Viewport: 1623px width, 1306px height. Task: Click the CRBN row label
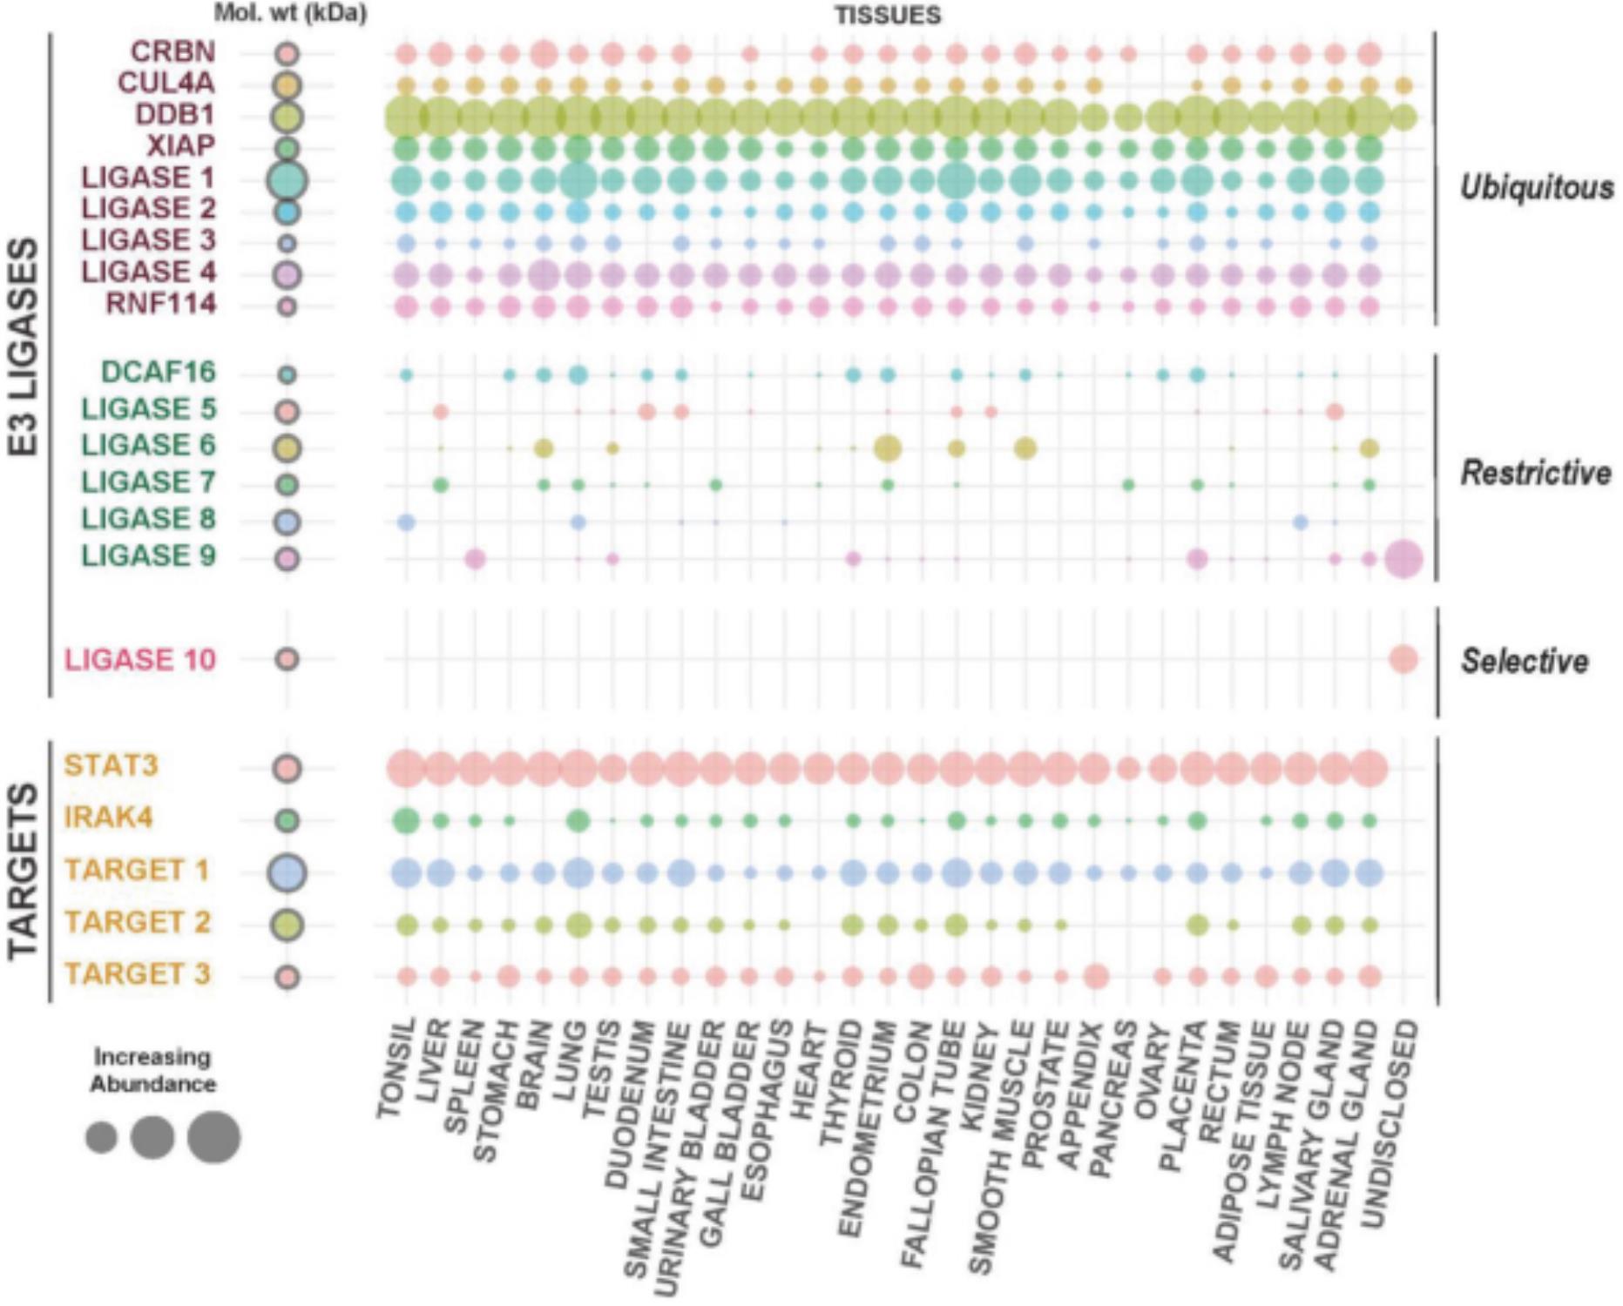click(172, 51)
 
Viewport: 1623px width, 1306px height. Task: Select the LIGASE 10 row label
click(140, 659)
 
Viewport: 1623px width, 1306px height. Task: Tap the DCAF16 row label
click(159, 373)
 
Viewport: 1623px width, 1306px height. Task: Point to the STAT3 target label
click(111, 765)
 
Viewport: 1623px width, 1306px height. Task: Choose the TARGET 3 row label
click(137, 974)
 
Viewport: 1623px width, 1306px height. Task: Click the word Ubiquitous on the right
click(1537, 187)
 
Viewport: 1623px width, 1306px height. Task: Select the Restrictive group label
click(1536, 473)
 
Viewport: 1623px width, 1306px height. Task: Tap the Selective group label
click(1525, 661)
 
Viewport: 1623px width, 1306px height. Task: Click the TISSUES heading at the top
click(888, 15)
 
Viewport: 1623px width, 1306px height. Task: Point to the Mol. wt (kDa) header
click(290, 14)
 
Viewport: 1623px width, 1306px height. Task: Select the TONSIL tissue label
click(396, 1068)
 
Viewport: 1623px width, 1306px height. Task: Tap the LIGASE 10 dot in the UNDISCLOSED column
click(1403, 659)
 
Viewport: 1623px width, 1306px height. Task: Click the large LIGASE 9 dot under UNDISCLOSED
click(1403, 558)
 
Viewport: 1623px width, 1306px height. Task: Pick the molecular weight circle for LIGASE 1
click(287, 180)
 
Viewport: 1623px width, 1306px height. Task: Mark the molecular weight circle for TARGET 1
click(287, 872)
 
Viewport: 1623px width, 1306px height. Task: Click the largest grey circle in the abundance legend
click(213, 1137)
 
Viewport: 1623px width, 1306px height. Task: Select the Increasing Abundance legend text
click(153, 1071)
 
